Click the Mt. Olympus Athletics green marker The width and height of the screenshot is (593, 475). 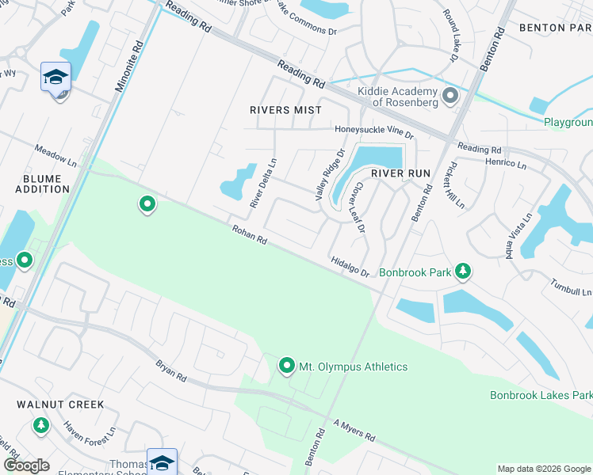click(x=286, y=366)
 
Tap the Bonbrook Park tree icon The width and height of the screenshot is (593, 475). click(x=463, y=272)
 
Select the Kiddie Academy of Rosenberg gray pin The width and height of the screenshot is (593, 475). click(x=450, y=97)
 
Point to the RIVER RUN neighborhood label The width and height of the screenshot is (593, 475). click(x=400, y=173)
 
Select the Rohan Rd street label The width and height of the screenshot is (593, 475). click(x=249, y=234)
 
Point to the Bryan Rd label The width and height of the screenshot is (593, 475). click(x=171, y=369)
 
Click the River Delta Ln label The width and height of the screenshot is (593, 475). click(x=263, y=183)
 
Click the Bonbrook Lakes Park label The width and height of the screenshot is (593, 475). click(x=541, y=394)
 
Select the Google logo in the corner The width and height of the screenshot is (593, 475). click(x=26, y=465)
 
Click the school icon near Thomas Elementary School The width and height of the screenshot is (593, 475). click(x=162, y=462)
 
